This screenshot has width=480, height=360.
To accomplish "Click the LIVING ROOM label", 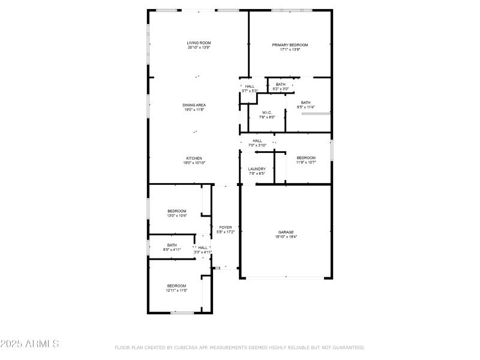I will click(x=199, y=43).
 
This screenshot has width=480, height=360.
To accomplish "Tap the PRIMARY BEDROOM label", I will click(x=290, y=45).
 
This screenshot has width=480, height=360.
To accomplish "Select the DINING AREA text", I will click(x=194, y=105).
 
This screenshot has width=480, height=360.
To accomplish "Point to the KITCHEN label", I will click(x=194, y=158).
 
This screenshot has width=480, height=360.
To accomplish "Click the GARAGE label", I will click(x=286, y=232).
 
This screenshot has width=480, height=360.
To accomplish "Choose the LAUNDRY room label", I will click(x=257, y=169).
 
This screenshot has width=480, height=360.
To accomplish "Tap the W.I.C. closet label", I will click(x=268, y=113).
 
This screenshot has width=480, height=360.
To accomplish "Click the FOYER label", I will click(x=225, y=227).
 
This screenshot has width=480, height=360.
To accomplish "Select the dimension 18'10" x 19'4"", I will click(x=286, y=237).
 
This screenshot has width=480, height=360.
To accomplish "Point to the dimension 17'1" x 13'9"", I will click(x=290, y=50).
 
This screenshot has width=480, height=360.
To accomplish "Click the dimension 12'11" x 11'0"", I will click(x=176, y=290).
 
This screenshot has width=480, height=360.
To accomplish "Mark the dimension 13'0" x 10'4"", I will click(x=176, y=216).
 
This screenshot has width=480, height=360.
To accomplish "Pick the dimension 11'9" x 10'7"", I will click(x=305, y=163).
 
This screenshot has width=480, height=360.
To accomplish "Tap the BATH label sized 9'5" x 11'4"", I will click(x=305, y=103).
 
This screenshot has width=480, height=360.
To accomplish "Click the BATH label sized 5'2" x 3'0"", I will click(x=281, y=85).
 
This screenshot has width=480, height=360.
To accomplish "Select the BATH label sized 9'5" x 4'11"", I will click(x=172, y=245).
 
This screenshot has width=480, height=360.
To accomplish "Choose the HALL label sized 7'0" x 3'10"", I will click(x=257, y=141).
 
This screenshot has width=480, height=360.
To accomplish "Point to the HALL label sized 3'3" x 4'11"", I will click(x=203, y=248).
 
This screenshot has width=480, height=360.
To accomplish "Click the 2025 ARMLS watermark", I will click(x=29, y=344).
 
